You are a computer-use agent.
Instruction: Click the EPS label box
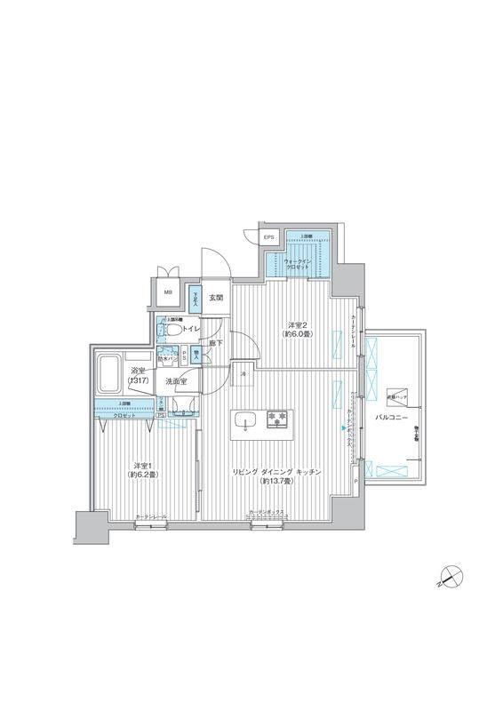coord(268,237)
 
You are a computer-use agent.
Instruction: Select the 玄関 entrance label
coord(216,299)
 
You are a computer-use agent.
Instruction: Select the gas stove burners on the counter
coord(277,418)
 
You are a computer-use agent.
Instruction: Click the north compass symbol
coord(451,576)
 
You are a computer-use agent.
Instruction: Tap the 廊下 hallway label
coord(217,343)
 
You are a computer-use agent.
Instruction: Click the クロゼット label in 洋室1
coord(124,415)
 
